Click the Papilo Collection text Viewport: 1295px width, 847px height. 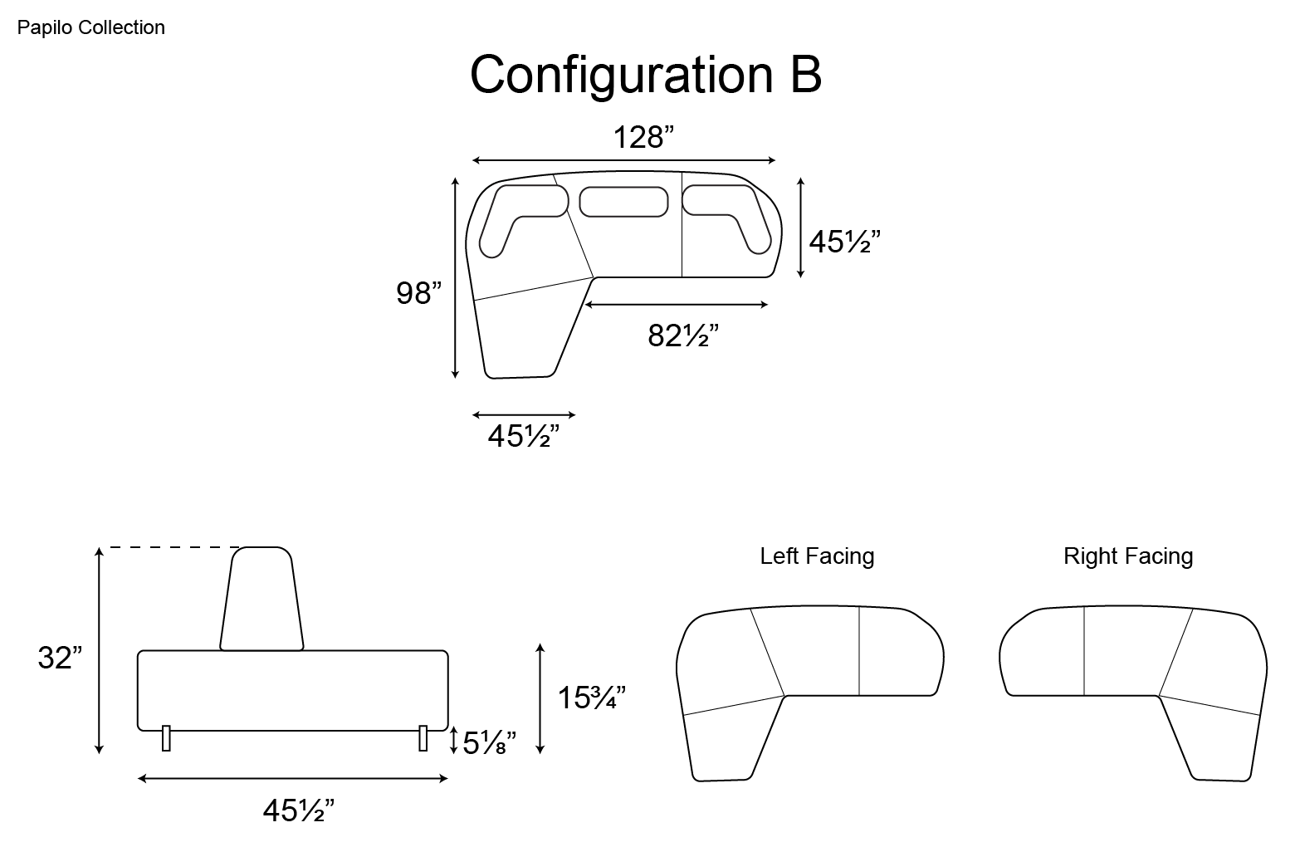(x=90, y=27)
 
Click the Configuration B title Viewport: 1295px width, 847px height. (x=646, y=76)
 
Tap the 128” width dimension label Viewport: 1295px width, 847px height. (x=643, y=138)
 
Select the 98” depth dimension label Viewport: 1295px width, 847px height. (x=418, y=292)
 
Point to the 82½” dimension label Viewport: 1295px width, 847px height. (x=682, y=335)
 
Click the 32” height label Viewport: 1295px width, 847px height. (x=60, y=658)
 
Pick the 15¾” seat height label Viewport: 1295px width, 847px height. (x=591, y=697)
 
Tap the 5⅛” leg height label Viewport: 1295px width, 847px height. (x=489, y=742)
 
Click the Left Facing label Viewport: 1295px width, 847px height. (x=817, y=556)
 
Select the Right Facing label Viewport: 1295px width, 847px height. (x=1128, y=556)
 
